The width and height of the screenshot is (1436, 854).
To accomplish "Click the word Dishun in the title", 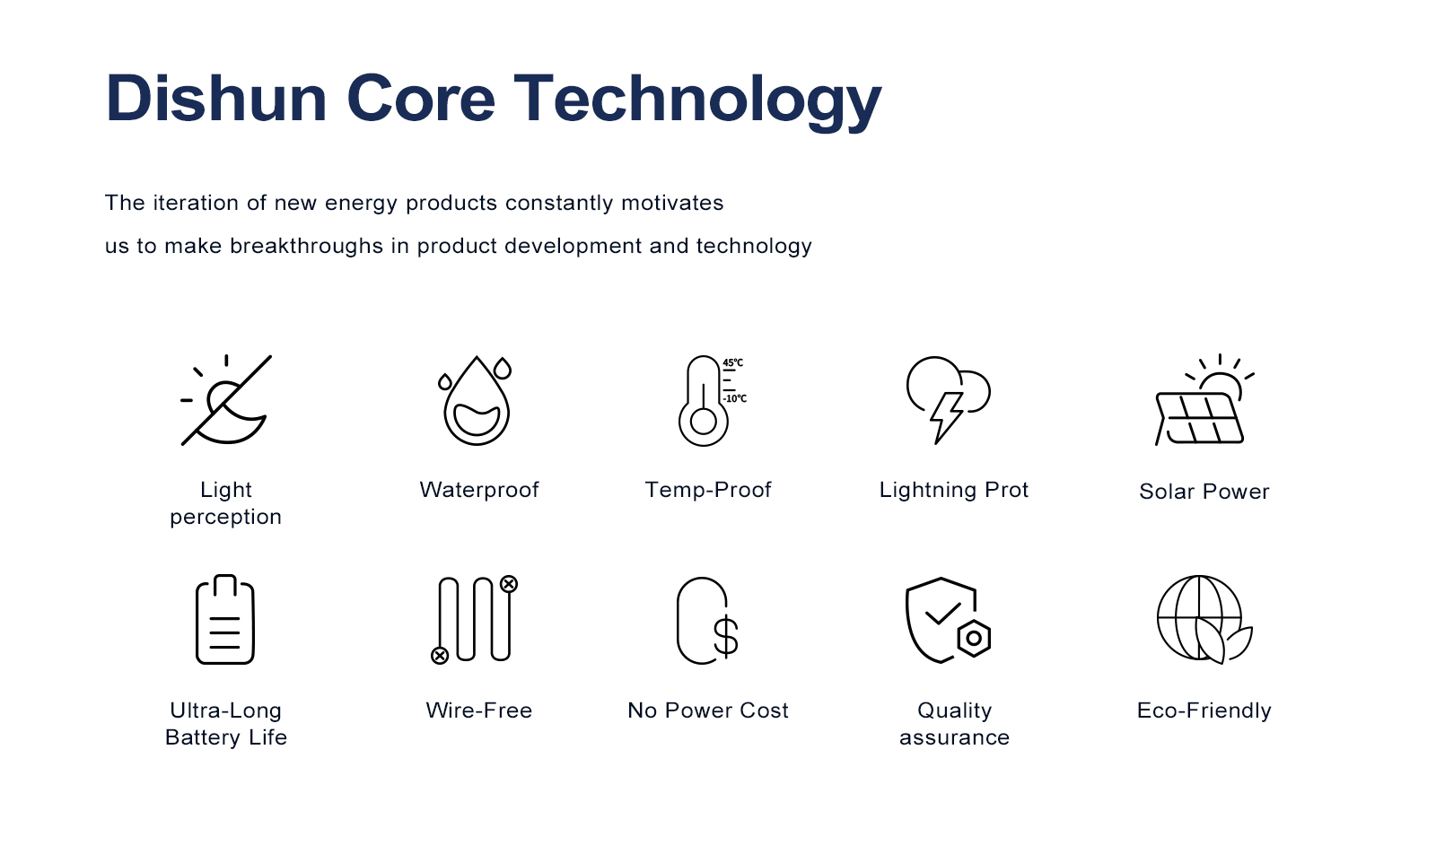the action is click(216, 98).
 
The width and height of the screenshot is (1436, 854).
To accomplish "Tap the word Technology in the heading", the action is click(697, 102).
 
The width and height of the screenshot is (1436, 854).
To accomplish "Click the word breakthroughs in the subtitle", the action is click(306, 246).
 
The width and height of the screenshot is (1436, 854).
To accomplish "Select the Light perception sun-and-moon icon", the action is click(225, 400).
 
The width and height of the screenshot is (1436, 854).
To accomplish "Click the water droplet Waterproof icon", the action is click(476, 400).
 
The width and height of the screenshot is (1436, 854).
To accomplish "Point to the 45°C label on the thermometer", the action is click(732, 362).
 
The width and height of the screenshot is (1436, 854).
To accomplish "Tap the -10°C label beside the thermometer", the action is click(735, 398).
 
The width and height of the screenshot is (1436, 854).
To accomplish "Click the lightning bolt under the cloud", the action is click(947, 417).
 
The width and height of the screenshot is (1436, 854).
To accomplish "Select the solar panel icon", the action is click(1199, 418).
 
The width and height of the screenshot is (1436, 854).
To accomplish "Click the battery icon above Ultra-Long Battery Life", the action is click(225, 619).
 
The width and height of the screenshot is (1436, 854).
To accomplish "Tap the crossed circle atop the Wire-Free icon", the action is click(509, 584).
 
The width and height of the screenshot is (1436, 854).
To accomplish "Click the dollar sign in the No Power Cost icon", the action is click(726, 636).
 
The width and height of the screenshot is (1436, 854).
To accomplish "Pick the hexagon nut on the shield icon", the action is click(974, 638).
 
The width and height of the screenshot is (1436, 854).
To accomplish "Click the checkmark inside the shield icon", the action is click(942, 613).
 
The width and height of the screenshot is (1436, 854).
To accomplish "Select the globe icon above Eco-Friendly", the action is click(1204, 619).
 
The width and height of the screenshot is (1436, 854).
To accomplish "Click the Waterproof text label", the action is click(479, 490).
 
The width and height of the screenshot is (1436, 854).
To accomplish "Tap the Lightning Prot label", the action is click(953, 490).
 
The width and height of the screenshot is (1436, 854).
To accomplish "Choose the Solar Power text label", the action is click(1204, 492).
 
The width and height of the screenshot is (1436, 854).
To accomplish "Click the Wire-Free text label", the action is click(479, 710).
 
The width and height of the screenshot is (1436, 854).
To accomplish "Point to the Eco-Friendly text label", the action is click(1204, 710).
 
